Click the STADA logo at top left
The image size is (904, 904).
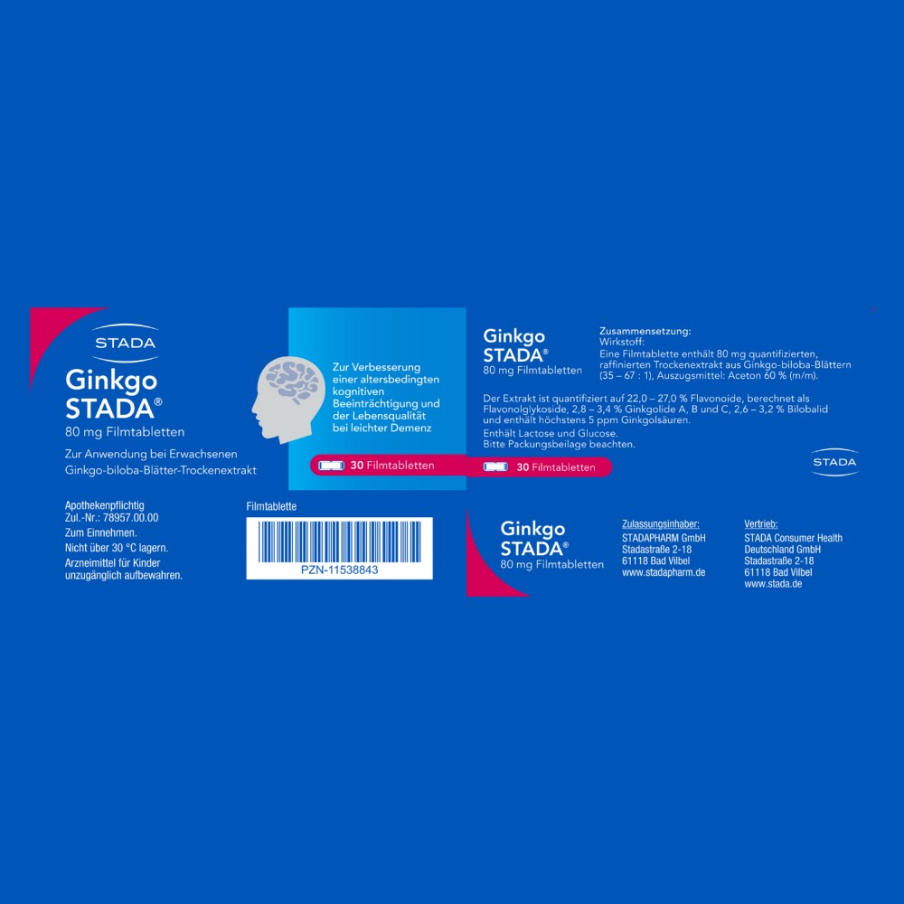(x=125, y=343)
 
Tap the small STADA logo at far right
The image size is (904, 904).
(x=834, y=462)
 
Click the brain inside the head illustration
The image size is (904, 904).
(x=294, y=381)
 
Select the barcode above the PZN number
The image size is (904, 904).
(x=340, y=541)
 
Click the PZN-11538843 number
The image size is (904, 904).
(x=340, y=570)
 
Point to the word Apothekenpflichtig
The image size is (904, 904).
(x=104, y=505)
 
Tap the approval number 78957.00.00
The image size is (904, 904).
(x=131, y=518)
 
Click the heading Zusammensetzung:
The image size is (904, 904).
(x=645, y=331)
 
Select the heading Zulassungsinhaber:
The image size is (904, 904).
(x=661, y=524)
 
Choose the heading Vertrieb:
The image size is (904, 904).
(x=761, y=524)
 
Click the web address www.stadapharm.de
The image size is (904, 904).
(x=664, y=572)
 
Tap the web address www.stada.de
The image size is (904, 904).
(x=773, y=584)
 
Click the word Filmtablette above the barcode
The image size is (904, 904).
(x=271, y=507)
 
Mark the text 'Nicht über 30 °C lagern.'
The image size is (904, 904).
(x=117, y=548)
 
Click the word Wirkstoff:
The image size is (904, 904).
(x=622, y=342)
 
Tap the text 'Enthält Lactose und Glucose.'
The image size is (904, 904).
(x=551, y=434)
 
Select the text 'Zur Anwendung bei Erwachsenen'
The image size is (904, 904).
(x=151, y=455)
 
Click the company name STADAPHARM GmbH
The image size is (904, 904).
(x=664, y=538)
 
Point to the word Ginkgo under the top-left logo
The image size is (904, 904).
(x=111, y=381)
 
